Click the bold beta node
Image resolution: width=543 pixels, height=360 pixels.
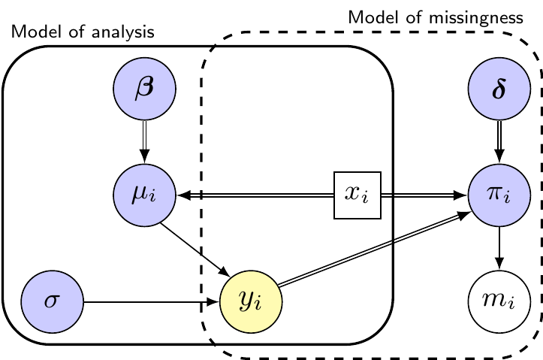[144, 89]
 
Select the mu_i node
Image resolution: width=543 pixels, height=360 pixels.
[144, 195]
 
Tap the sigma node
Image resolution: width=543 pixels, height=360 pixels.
[53, 302]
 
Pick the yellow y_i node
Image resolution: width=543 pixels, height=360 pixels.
[251, 302]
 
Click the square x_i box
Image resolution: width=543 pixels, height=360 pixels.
[357, 195]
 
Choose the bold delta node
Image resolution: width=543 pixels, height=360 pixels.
[499, 89]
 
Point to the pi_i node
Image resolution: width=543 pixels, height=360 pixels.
[499, 195]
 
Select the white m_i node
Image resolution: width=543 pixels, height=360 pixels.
[499, 302]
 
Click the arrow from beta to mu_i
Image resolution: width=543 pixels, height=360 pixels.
[144, 142]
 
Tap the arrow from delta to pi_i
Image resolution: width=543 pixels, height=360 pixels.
[499, 142]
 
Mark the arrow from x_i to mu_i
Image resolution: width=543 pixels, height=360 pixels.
[255, 195]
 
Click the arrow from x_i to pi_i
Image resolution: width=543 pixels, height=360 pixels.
[424, 195]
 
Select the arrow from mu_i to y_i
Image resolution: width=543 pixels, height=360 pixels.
[195, 250]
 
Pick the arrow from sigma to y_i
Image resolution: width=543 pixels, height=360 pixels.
[152, 302]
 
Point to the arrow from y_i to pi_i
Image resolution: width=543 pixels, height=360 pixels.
[375, 249]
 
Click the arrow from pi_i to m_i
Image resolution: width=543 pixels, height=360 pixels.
[499, 249]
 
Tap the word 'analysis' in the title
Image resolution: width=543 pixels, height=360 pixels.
[123, 32]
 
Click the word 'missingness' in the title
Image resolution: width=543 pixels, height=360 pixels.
[476, 18]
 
